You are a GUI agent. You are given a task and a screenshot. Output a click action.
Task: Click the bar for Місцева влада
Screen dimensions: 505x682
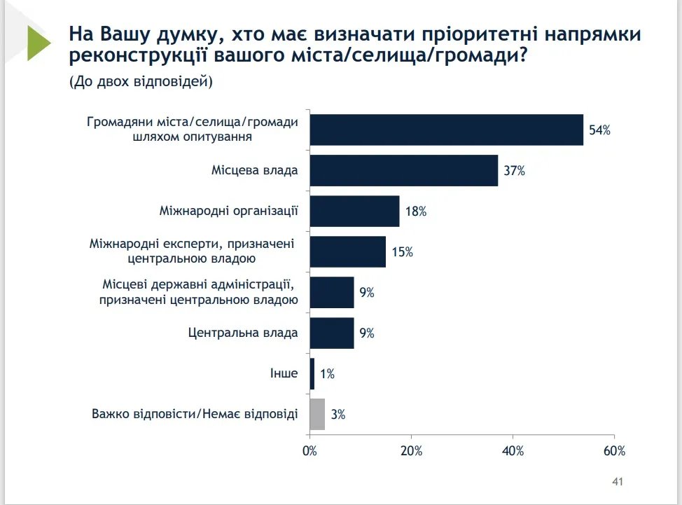[x=403, y=170]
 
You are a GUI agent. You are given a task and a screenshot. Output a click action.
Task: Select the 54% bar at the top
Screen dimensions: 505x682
[x=446, y=130]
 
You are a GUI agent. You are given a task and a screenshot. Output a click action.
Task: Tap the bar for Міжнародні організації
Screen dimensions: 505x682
[x=354, y=211]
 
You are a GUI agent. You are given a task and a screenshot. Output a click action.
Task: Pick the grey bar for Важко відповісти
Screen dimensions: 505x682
[x=317, y=414]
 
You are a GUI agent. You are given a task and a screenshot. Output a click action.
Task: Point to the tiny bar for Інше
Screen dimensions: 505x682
[x=312, y=373]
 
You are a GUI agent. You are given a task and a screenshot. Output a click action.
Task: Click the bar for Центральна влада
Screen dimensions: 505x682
[x=332, y=333]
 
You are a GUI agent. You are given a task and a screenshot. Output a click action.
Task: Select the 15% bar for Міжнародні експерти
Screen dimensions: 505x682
[x=347, y=251]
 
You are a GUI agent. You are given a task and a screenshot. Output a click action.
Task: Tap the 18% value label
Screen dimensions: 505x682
[x=415, y=211]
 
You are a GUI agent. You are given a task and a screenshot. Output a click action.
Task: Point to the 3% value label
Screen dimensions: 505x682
[x=338, y=415]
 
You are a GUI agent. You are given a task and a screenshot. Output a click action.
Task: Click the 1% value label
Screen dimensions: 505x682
[x=327, y=374]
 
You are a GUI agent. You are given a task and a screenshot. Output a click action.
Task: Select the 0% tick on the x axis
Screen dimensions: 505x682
[x=309, y=451]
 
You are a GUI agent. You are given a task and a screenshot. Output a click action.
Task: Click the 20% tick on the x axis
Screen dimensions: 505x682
[x=411, y=451]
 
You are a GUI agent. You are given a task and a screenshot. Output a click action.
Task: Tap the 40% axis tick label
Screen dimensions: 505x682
[x=513, y=451]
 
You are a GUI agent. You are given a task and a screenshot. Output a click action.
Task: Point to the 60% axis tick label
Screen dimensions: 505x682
[x=614, y=451]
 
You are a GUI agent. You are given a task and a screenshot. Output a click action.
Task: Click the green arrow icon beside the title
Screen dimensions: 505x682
[x=39, y=43]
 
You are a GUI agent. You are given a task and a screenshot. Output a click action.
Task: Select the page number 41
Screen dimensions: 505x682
[x=618, y=482]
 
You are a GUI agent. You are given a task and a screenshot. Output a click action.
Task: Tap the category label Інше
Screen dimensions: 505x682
[x=284, y=373]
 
